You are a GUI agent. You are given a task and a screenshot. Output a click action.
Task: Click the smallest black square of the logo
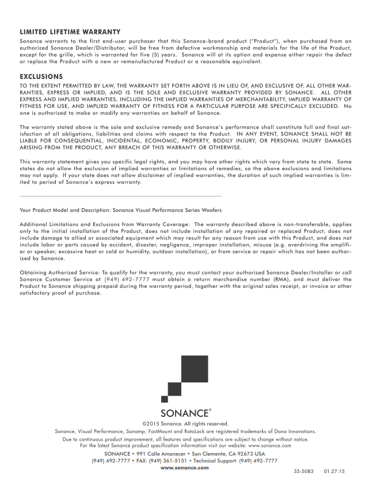(165, 399)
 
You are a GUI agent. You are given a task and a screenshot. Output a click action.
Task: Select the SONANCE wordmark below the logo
(183, 413)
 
